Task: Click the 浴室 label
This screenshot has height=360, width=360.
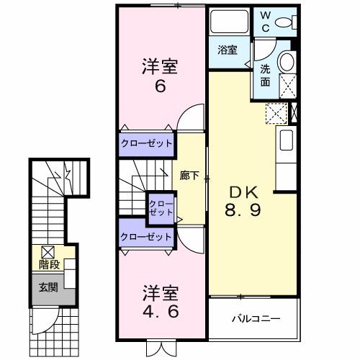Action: click(x=228, y=50)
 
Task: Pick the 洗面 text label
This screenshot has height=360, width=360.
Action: click(x=266, y=76)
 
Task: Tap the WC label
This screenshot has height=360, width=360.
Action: click(x=265, y=22)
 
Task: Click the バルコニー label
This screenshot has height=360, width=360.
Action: click(x=254, y=318)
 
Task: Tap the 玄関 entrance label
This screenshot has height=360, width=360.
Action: click(x=48, y=288)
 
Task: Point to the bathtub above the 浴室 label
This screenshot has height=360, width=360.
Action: click(x=228, y=24)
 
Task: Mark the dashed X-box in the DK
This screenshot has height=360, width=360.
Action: click(x=276, y=113)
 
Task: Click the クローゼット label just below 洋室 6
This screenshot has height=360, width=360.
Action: click(x=147, y=143)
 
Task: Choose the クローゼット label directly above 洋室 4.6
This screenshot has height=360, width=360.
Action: click(x=147, y=236)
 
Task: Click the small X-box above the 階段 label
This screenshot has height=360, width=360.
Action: click(x=48, y=252)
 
